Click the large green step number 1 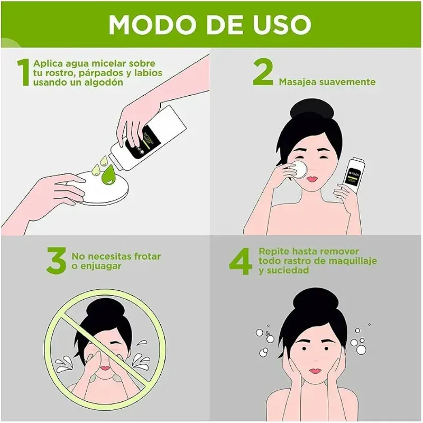[x=23, y=72]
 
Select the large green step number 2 [x=263, y=72]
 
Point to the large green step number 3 [x=56, y=261]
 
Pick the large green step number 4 [x=240, y=261]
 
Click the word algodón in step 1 [x=105, y=82]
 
